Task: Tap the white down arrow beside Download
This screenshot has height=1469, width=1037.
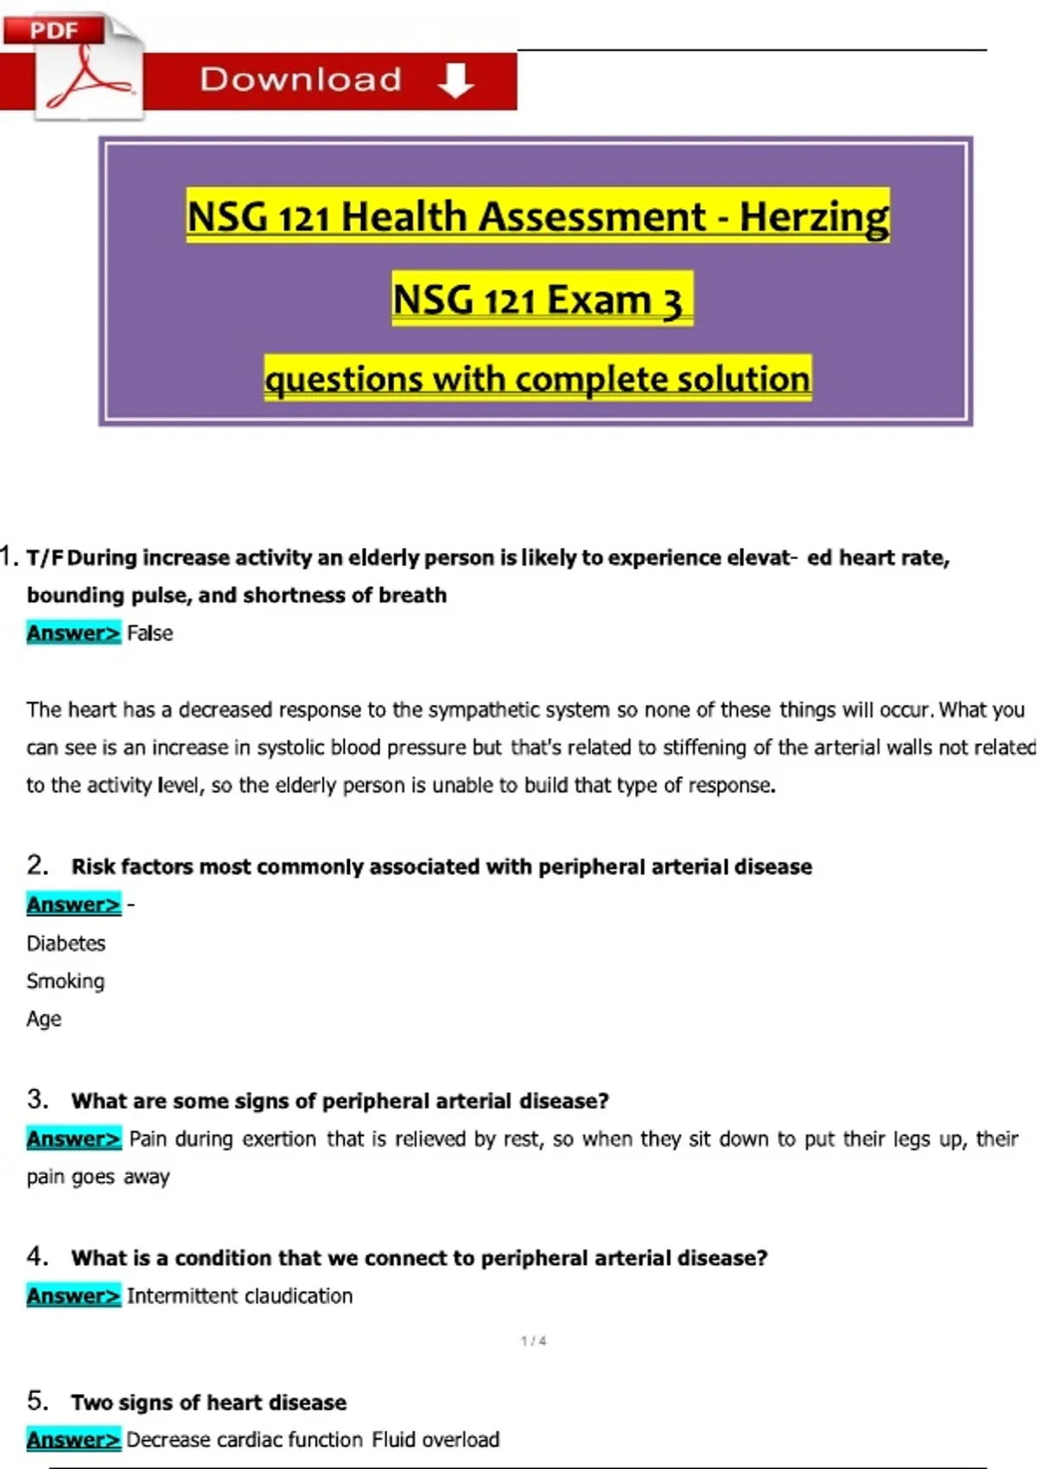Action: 455,80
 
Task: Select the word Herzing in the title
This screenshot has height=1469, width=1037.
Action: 813,216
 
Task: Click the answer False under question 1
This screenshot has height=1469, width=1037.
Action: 150,633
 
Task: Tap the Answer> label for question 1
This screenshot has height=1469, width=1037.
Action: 73,633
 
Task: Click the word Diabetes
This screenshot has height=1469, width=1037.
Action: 66,944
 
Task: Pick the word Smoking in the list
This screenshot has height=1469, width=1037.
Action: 66,982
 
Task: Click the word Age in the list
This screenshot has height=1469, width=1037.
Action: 43,1020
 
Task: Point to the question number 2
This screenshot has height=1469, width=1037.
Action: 37,865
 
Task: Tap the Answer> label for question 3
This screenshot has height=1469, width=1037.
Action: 73,1139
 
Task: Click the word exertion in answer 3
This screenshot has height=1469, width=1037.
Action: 279,1139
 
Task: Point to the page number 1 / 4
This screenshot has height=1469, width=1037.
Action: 533,1341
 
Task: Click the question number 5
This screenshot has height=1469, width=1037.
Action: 37,1400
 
